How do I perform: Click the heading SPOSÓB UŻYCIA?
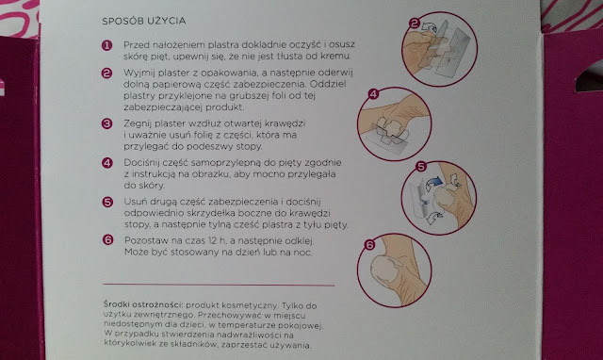pyautogui.click(x=144, y=21)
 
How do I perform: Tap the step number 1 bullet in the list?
pyautogui.click(x=106, y=46)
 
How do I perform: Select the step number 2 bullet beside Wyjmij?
pyautogui.click(x=106, y=74)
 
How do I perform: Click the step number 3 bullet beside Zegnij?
pyautogui.click(x=106, y=123)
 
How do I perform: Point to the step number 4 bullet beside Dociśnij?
pyautogui.click(x=107, y=163)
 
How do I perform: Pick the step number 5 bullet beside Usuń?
pyautogui.click(x=107, y=202)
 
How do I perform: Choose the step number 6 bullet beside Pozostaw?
pyautogui.click(x=108, y=240)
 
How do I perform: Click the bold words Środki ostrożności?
pyautogui.click(x=142, y=304)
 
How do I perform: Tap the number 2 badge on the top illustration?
pyautogui.click(x=415, y=24)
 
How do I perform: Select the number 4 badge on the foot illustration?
pyautogui.click(x=373, y=94)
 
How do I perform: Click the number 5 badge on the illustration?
pyautogui.click(x=421, y=167)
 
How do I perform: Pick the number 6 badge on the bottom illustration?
pyautogui.click(x=369, y=245)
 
